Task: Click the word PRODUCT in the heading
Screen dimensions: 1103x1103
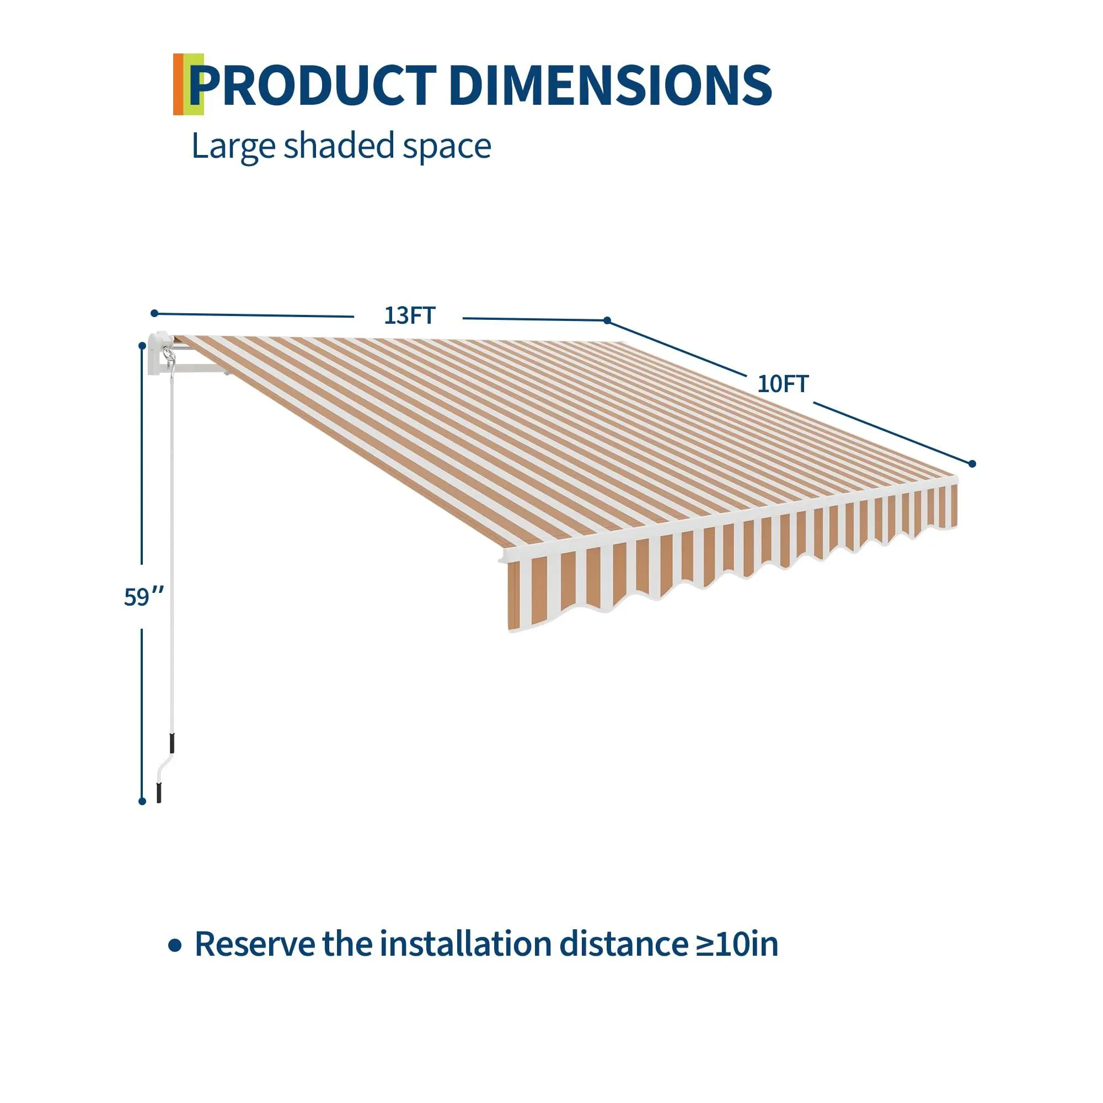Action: click(x=313, y=85)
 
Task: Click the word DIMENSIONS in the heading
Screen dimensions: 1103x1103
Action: click(x=611, y=85)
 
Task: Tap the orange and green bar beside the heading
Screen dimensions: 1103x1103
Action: click(x=188, y=84)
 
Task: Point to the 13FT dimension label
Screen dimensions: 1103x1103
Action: click(x=409, y=315)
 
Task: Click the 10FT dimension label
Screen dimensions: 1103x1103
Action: click(x=783, y=384)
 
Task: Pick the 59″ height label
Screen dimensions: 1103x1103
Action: click(x=143, y=597)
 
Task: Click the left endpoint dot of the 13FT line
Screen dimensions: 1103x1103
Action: click(x=154, y=313)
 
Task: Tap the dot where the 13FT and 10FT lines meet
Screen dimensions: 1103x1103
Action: click(x=607, y=320)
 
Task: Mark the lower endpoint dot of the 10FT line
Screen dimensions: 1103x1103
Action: click(x=972, y=464)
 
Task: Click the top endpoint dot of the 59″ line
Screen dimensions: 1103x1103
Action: click(x=142, y=345)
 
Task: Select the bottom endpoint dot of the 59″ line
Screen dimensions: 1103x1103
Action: click(x=142, y=801)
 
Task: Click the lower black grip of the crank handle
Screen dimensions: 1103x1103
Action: click(x=159, y=793)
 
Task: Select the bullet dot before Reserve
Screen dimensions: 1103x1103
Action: click(x=175, y=945)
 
